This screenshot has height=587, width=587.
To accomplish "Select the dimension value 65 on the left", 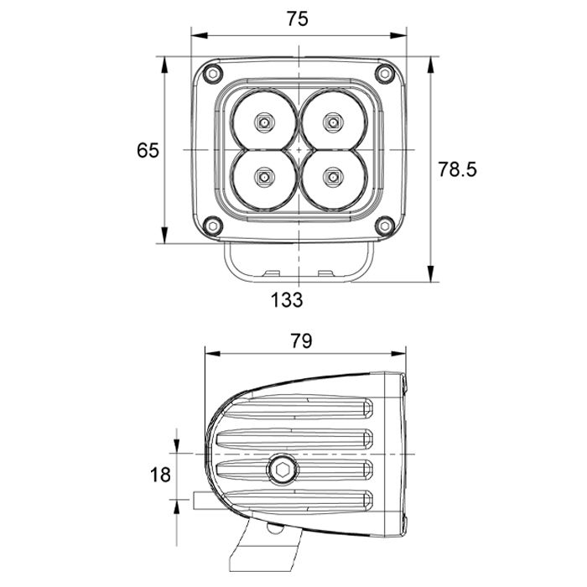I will tap(148, 150).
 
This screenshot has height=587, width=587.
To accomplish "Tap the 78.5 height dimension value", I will tap(457, 169).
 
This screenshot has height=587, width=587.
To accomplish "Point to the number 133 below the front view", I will tap(287, 299).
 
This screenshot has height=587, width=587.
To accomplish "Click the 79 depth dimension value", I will tap(301, 340).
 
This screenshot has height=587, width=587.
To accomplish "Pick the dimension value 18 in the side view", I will tap(160, 475).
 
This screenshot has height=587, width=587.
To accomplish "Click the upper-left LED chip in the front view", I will tap(265, 122).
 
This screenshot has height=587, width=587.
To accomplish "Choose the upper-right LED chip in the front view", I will tap(334, 122).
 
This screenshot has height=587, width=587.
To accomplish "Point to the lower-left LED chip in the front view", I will tap(265, 177).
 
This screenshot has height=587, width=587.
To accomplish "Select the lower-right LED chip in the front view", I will tap(334, 177).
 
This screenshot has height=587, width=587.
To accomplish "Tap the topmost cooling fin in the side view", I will tap(293, 410).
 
